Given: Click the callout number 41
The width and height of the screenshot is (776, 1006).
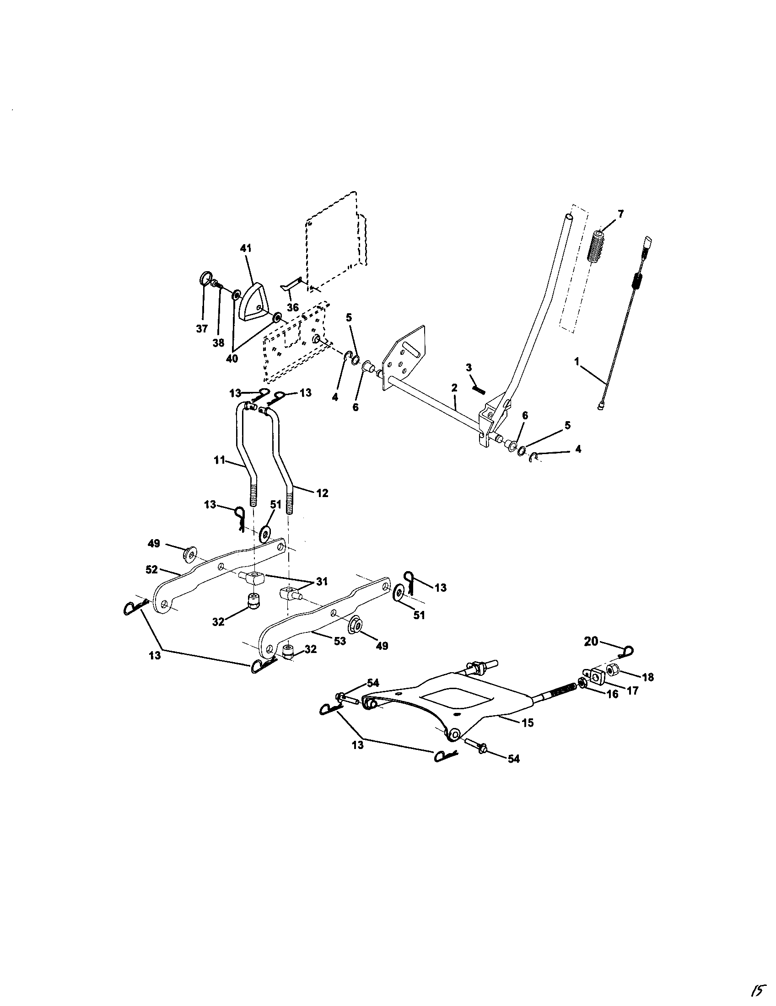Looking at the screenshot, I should coord(246,248).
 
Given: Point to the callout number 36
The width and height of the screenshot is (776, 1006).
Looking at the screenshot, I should coord(293,307).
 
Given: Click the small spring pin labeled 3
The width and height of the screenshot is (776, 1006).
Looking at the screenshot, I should coord(479,389).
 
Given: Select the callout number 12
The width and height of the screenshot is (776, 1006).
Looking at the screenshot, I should coord(322,493).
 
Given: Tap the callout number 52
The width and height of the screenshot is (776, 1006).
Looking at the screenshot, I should coord(151,570).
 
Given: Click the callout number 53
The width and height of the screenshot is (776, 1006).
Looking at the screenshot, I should coord(340,641).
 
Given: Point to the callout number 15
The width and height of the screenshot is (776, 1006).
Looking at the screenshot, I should coord(528,722).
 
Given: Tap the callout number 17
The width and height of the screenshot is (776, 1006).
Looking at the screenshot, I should coord(632,690).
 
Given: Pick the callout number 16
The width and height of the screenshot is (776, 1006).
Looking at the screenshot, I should coord(612,694).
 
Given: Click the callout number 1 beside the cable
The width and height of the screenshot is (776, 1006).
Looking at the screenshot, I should coord(577,362).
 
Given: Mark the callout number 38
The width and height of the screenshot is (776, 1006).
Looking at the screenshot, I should coord(218,343).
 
